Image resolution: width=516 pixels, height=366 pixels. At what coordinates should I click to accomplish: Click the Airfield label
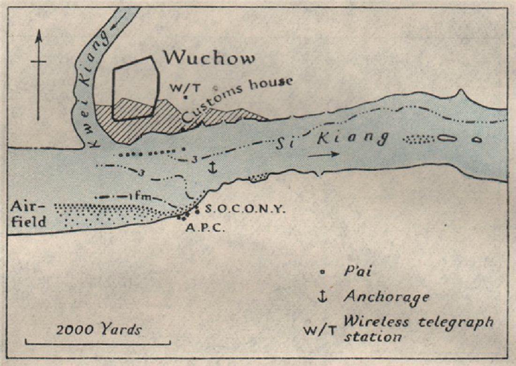[x=28, y=213]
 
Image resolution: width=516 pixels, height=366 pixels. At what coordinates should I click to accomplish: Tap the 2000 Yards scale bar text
[x=99, y=329]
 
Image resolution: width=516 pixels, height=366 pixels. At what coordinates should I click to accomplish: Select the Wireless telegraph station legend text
[x=417, y=329]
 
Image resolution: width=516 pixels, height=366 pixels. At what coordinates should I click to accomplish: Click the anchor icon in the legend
[x=322, y=296]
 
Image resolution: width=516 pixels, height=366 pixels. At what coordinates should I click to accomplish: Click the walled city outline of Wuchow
[x=134, y=88]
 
